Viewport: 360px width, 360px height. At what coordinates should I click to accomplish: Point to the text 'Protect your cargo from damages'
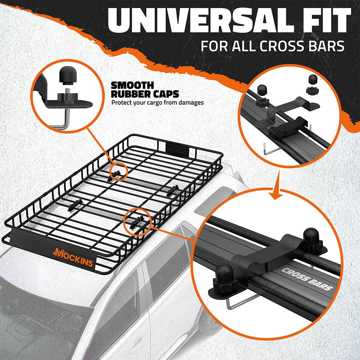(157, 102)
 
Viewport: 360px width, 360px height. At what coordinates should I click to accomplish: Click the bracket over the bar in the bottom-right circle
(267, 253)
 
